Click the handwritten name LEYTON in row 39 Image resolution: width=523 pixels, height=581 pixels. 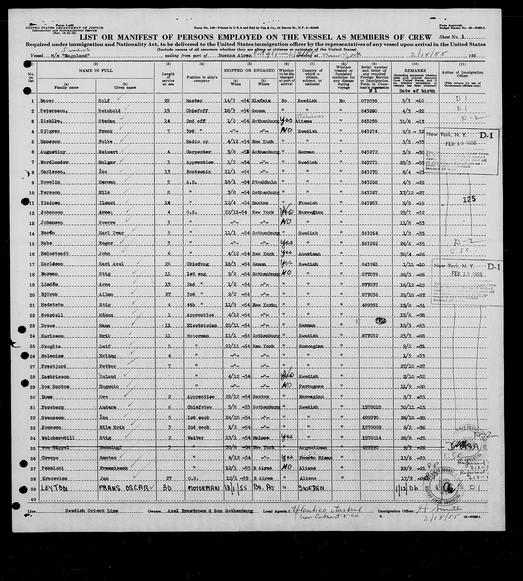[55, 489]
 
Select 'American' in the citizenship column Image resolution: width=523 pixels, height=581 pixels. [309, 254]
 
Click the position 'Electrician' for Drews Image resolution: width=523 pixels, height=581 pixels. [202, 326]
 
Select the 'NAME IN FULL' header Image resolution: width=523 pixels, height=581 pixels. [96, 70]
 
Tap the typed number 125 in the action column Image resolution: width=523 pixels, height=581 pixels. [469, 199]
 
